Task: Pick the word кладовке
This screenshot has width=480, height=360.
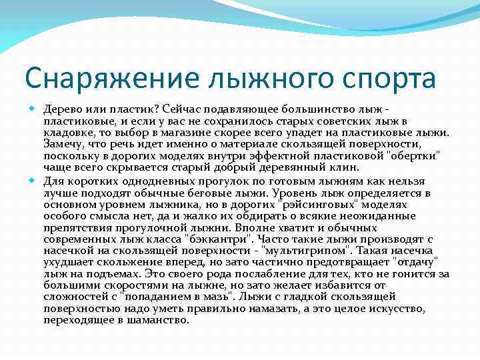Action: [x=67, y=133]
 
